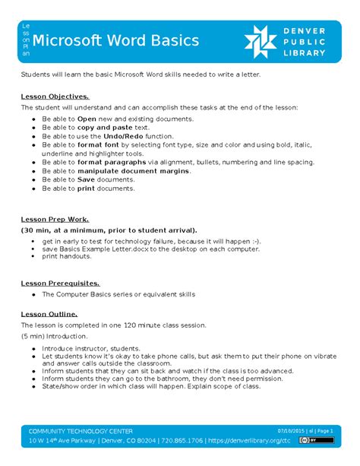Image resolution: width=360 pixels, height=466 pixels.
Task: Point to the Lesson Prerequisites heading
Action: click(60, 283)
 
